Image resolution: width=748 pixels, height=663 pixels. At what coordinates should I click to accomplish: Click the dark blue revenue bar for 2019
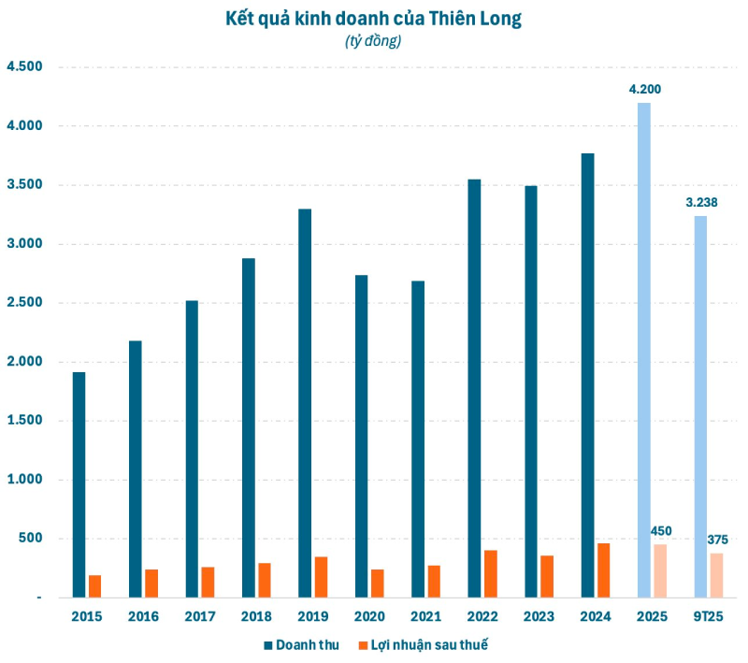[305, 402]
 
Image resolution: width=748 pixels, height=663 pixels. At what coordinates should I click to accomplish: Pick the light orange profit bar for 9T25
[716, 575]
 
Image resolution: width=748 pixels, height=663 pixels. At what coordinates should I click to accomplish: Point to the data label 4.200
[645, 90]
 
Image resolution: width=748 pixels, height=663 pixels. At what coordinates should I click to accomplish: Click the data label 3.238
[700, 203]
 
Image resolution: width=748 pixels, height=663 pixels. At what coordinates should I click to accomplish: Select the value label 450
[661, 531]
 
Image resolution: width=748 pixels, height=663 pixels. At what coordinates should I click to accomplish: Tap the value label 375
[717, 540]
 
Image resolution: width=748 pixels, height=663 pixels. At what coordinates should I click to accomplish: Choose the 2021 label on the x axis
[425, 616]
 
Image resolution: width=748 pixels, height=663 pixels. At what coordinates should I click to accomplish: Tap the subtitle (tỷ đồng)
[374, 41]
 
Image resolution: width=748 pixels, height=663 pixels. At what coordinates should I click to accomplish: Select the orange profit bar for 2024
[603, 570]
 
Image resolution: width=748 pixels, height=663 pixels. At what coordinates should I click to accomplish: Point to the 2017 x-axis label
[200, 616]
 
